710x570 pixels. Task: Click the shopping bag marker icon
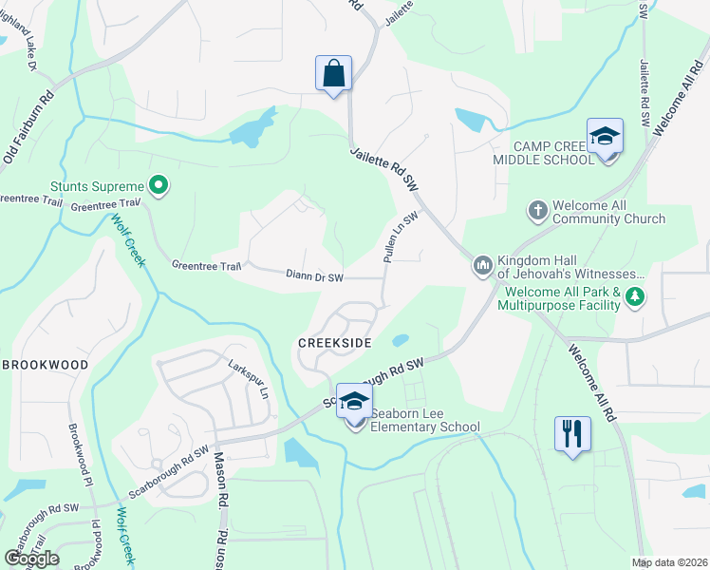[x=333, y=73]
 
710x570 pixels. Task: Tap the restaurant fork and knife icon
[x=572, y=434]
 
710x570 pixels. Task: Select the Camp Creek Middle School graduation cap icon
[x=604, y=138]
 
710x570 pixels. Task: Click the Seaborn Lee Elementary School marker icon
[x=354, y=403]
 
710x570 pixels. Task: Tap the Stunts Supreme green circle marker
[x=159, y=186]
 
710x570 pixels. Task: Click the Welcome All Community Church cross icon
[x=537, y=210]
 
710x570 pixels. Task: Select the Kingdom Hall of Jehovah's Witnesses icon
[x=482, y=264]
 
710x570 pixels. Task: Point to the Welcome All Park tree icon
[x=634, y=299]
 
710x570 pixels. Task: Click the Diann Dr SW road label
[x=321, y=276]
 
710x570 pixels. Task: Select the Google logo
[x=30, y=558]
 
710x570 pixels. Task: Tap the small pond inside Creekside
[x=400, y=339]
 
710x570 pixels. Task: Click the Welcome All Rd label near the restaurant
[x=594, y=380]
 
